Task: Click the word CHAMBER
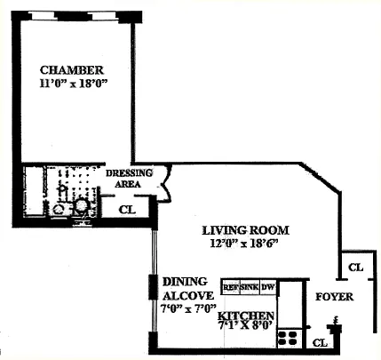(72, 70)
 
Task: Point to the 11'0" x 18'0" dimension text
(73, 84)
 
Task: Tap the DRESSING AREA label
(129, 179)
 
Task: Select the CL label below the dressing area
(127, 210)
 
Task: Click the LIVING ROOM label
(245, 230)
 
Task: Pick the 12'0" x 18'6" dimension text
(244, 244)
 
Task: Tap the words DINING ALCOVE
(187, 288)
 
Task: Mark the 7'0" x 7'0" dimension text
(188, 308)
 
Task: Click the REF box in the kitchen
(231, 287)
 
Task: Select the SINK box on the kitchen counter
(250, 287)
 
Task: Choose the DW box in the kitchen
(268, 287)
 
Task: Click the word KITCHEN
(246, 316)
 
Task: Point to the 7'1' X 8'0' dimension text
(245, 325)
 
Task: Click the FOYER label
(334, 297)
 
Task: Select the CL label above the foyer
(355, 268)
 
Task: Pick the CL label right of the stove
(320, 343)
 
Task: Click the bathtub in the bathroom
(35, 191)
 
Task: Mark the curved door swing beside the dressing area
(166, 185)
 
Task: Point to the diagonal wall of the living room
(321, 178)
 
